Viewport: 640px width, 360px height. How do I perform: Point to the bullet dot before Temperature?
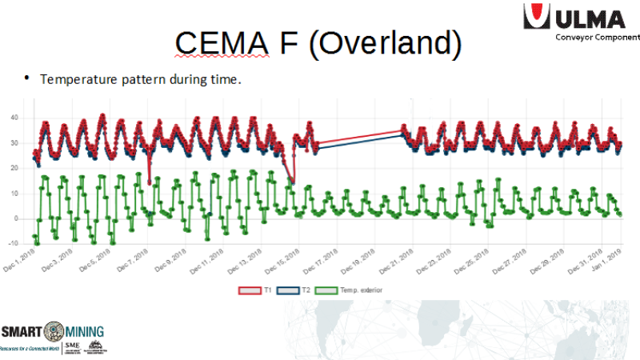point(26,78)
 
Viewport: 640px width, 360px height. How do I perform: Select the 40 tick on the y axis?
point(13,118)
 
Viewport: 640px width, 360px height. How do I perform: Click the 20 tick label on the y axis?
point(13,168)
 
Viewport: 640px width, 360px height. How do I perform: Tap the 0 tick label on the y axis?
point(15,218)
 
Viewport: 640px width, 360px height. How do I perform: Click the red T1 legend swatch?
point(249,291)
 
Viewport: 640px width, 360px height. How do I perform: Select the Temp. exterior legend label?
point(362,291)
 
